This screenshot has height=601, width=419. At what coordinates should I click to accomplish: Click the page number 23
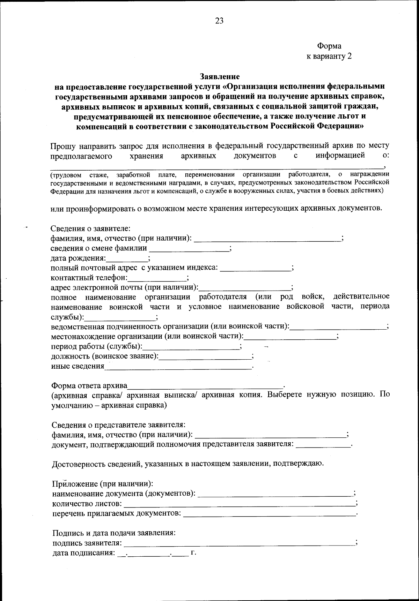219,21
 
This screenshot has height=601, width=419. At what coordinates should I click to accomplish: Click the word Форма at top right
329,46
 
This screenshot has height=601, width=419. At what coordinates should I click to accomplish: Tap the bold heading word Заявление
220,76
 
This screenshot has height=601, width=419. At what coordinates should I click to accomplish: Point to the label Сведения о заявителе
91,229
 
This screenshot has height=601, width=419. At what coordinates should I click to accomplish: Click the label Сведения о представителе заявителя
118,425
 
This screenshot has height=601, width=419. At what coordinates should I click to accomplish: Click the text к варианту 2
329,57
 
